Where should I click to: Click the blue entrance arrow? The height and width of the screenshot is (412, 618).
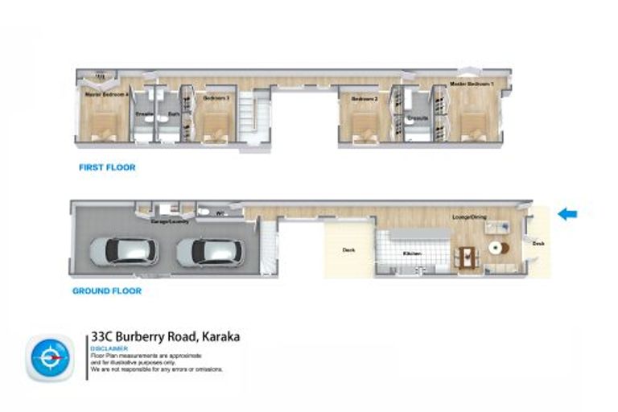point(568,214)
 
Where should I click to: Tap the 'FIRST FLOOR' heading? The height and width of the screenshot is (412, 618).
point(106,168)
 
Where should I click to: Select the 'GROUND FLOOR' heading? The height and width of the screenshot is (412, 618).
point(106,290)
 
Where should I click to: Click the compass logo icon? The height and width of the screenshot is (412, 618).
point(50,357)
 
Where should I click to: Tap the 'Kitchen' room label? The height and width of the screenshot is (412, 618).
point(413,253)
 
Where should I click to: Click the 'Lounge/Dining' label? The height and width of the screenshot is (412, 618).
point(472,217)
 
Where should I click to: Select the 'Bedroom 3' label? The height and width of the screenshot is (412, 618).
point(216,98)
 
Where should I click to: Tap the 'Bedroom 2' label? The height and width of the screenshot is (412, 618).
point(365,98)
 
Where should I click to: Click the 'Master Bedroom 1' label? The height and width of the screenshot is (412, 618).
point(472,84)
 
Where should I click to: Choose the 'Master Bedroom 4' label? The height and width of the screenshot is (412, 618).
point(105,94)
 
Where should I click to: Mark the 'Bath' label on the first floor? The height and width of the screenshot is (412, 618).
point(173,114)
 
